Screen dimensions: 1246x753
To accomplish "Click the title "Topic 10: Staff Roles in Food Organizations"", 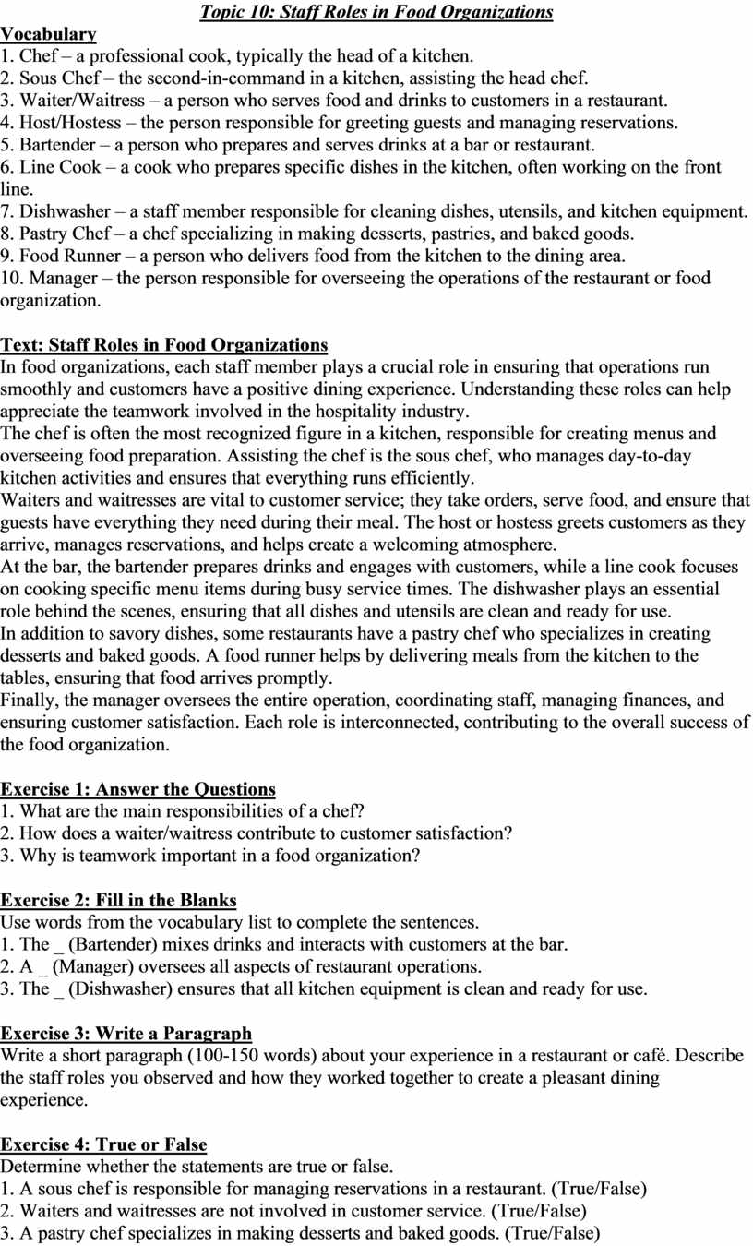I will click(376, 12).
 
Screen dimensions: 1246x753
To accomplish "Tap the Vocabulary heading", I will click(48, 34).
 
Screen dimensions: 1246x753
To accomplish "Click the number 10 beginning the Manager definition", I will click(10, 278).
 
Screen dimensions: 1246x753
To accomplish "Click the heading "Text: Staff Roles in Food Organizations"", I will click(163, 345).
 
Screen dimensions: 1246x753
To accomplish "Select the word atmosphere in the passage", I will click(516, 545).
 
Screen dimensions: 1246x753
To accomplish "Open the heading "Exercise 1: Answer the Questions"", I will click(137, 789).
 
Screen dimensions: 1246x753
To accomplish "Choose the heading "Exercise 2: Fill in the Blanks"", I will click(118, 901).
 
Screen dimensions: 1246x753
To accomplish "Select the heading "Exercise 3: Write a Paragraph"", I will click(125, 1034).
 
